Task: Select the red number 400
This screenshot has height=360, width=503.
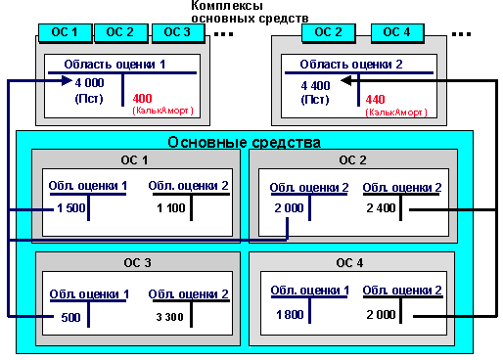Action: (x=143, y=99)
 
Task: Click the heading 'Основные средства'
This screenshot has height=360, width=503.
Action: (x=245, y=142)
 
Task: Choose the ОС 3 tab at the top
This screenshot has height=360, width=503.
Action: (x=177, y=31)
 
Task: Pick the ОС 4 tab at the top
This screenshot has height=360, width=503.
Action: (x=396, y=31)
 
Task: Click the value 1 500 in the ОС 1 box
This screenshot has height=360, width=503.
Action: (x=72, y=207)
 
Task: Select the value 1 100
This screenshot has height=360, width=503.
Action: (x=172, y=207)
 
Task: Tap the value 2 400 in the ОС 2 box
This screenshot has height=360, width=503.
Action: (x=383, y=207)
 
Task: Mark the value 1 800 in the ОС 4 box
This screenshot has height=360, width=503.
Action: (x=290, y=314)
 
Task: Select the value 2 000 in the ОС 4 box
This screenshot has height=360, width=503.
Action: (x=383, y=314)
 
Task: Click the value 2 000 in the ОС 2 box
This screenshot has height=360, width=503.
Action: (x=290, y=207)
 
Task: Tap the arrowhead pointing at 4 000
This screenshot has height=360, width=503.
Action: (x=66, y=83)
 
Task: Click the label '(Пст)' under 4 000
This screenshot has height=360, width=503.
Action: (x=89, y=99)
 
